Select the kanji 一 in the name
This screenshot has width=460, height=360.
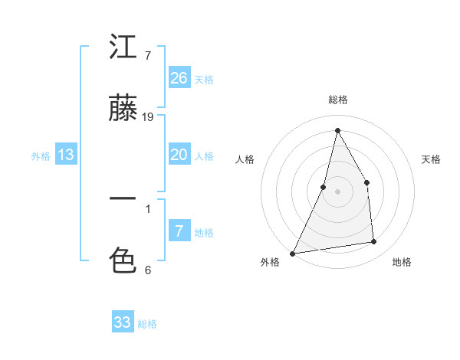point(123,199)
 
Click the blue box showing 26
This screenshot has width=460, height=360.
point(179,78)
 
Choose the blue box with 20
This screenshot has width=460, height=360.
point(179,155)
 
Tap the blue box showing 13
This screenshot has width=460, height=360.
point(66,155)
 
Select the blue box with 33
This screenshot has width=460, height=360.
point(123,322)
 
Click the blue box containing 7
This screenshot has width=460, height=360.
point(179,231)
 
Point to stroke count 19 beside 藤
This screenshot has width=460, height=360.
point(148,117)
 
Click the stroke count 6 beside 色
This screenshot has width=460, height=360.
point(147,270)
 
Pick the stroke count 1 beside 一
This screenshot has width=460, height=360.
point(147,208)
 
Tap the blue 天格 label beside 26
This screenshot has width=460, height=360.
point(204,80)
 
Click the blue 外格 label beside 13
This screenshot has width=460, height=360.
point(41,156)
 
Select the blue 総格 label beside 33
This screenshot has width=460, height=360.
point(148,324)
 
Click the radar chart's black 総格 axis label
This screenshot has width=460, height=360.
point(337,100)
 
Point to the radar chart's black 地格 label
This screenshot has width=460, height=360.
point(402,262)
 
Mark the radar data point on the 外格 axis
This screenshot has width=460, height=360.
point(292,253)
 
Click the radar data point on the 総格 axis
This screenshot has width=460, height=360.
point(337,130)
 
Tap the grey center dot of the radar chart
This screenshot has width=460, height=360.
point(337,191)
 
